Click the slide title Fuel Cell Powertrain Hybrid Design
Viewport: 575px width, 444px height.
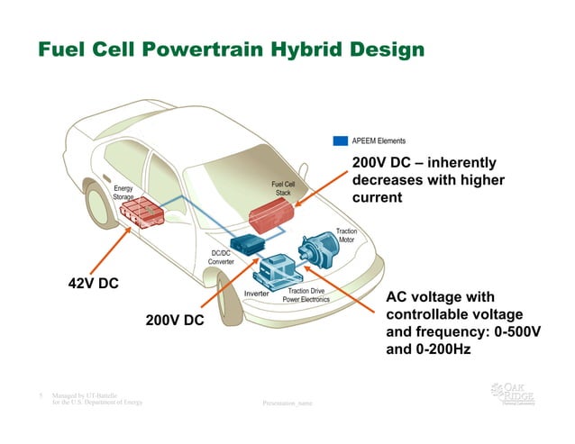pos(231,49)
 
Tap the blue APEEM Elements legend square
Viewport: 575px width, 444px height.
pos(341,140)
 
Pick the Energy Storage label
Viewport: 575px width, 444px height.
pos(123,192)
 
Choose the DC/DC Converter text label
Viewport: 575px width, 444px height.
pos(222,258)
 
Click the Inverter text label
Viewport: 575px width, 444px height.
pos(258,294)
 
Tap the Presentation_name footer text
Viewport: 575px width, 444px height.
pos(287,403)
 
